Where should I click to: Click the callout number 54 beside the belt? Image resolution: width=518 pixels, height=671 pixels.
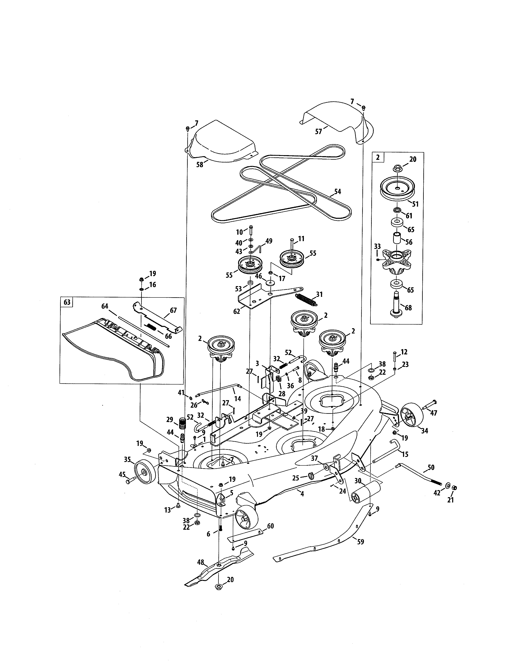click(x=337, y=191)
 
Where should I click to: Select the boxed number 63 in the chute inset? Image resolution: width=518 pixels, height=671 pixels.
click(x=67, y=302)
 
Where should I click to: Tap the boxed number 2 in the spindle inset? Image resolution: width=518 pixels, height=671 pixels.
click(x=377, y=157)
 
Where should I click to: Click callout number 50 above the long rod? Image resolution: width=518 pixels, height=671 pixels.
click(x=431, y=467)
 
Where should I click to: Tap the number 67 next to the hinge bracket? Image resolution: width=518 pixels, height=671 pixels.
click(x=173, y=310)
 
